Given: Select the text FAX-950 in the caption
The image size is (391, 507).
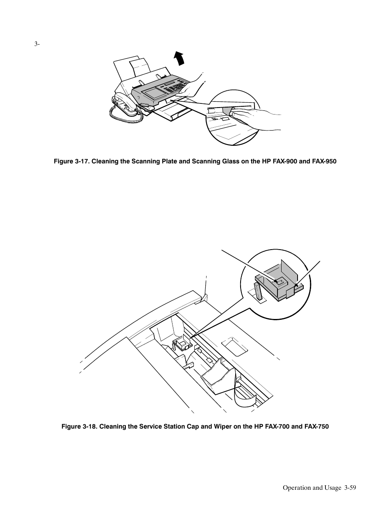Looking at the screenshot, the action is (x=324, y=161).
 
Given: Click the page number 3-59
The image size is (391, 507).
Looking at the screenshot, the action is (x=350, y=488).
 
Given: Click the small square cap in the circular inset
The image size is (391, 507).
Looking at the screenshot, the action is (x=279, y=282).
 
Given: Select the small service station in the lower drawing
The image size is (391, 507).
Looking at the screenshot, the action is (x=182, y=344).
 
